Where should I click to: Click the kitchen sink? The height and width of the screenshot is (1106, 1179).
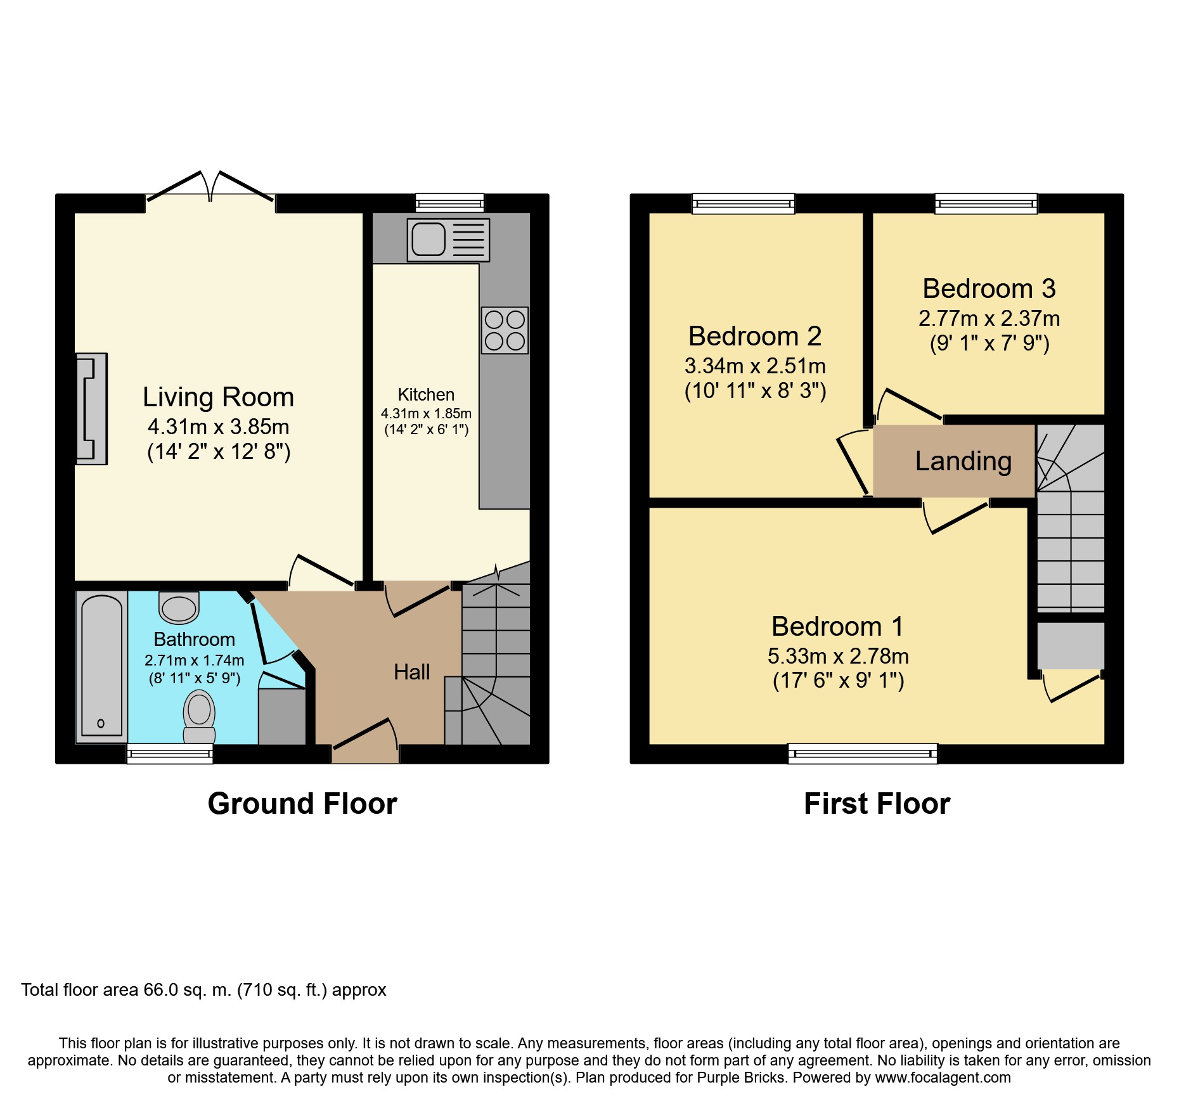pos(448,240)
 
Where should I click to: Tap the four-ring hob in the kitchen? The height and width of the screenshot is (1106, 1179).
pos(505,330)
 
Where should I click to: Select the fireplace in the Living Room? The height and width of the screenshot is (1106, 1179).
pos(91,409)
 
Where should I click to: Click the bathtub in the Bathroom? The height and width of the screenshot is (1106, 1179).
pos(101,666)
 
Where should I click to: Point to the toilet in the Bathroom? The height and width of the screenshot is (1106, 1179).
pos(199,717)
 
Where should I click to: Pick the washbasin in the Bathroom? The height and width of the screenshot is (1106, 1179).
pos(179,607)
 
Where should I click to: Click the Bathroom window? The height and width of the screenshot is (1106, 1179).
pos(170,754)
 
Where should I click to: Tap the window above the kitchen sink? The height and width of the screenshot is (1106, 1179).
pos(450,203)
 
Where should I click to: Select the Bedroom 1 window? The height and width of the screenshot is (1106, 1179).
pos(863,754)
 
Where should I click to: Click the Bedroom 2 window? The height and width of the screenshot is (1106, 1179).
pos(744,203)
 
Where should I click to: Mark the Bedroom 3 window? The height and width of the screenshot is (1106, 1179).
pos(986,203)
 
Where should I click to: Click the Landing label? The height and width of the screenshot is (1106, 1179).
pos(963,461)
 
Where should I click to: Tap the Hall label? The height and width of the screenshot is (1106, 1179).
pos(412,672)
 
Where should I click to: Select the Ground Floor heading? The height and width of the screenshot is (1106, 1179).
pos(302,804)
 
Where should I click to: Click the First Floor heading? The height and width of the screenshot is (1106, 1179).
pos(877,804)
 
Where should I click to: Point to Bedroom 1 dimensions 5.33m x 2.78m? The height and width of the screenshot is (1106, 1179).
pos(838,656)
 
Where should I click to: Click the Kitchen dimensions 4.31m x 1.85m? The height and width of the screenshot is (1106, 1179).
pos(426,414)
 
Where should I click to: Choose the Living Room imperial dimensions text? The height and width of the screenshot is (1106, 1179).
pos(219,452)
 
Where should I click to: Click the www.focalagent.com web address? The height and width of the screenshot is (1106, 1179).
pos(943,1077)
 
